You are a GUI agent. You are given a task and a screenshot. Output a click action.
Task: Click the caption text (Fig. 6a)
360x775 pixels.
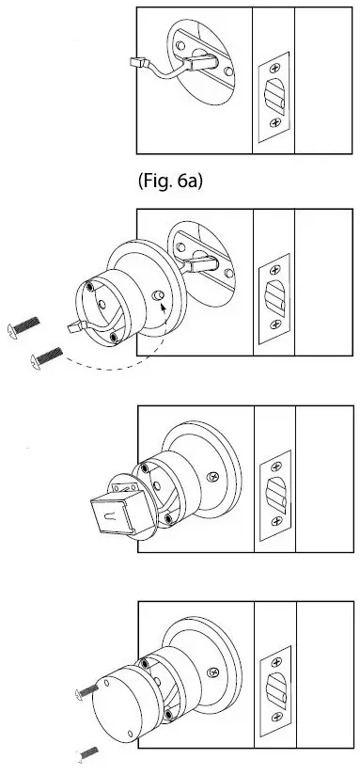point(170,180)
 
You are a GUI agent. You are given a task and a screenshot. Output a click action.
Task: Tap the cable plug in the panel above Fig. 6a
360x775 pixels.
point(135,63)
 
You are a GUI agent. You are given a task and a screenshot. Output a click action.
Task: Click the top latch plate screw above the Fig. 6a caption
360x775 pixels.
point(274,68)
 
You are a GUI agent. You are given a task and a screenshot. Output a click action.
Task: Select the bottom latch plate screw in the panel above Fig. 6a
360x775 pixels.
point(274,123)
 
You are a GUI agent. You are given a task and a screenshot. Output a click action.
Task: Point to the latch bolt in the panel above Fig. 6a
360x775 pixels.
point(274,95)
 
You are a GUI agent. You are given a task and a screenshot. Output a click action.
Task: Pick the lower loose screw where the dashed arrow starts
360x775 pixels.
point(46,356)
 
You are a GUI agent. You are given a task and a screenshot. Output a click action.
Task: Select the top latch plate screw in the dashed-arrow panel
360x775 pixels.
point(274,267)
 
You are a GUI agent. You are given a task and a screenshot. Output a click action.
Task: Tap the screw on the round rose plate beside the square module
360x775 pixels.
point(219,478)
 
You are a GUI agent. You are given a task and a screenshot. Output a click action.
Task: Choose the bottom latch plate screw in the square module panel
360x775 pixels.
point(274,520)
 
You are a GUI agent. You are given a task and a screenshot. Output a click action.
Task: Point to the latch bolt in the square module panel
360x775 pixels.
point(274,492)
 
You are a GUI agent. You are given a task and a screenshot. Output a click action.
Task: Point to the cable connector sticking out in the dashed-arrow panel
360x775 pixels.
point(75,324)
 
